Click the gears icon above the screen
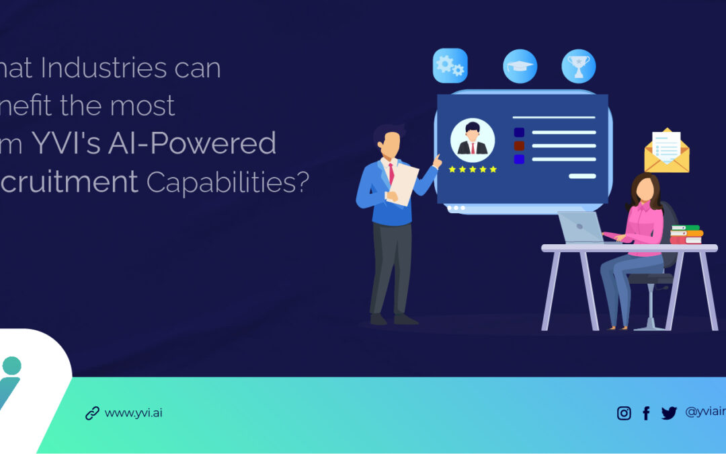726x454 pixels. pyautogui.click(x=450, y=65)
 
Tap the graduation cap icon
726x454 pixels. pyautogui.click(x=520, y=66)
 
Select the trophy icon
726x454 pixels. pyautogui.click(x=579, y=66)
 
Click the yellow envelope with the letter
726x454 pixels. pyautogui.click(x=667, y=152)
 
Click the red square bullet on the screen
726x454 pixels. pyautogui.click(x=518, y=145)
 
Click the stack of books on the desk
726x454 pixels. pyautogui.click(x=686, y=234)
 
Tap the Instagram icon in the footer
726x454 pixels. pyautogui.click(x=624, y=413)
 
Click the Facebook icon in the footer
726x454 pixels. pyautogui.click(x=646, y=413)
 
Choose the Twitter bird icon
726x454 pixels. pyautogui.click(x=668, y=413)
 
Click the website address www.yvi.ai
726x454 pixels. pyautogui.click(x=133, y=413)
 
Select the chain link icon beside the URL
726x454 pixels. pyautogui.click(x=92, y=413)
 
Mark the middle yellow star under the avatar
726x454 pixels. pyautogui.click(x=473, y=169)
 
